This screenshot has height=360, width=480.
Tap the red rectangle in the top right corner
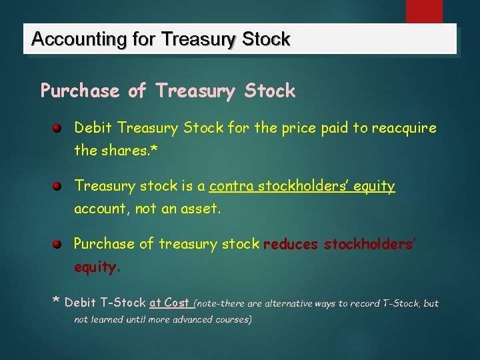coord(425,11)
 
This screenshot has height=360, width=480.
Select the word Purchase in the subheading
coord(81,91)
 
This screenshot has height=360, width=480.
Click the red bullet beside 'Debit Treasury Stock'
coord(58,127)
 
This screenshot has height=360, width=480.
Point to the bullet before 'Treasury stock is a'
coord(58,186)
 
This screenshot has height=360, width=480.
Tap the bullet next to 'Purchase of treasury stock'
coord(58,244)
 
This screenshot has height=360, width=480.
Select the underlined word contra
coord(231,186)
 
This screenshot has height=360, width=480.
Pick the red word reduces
coord(291,245)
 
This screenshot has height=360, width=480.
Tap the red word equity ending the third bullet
coord(95,267)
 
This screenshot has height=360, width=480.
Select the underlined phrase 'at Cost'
coord(170,303)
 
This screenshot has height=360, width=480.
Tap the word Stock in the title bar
coord(267,40)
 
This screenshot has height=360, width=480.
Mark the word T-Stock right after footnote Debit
coord(123,303)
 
